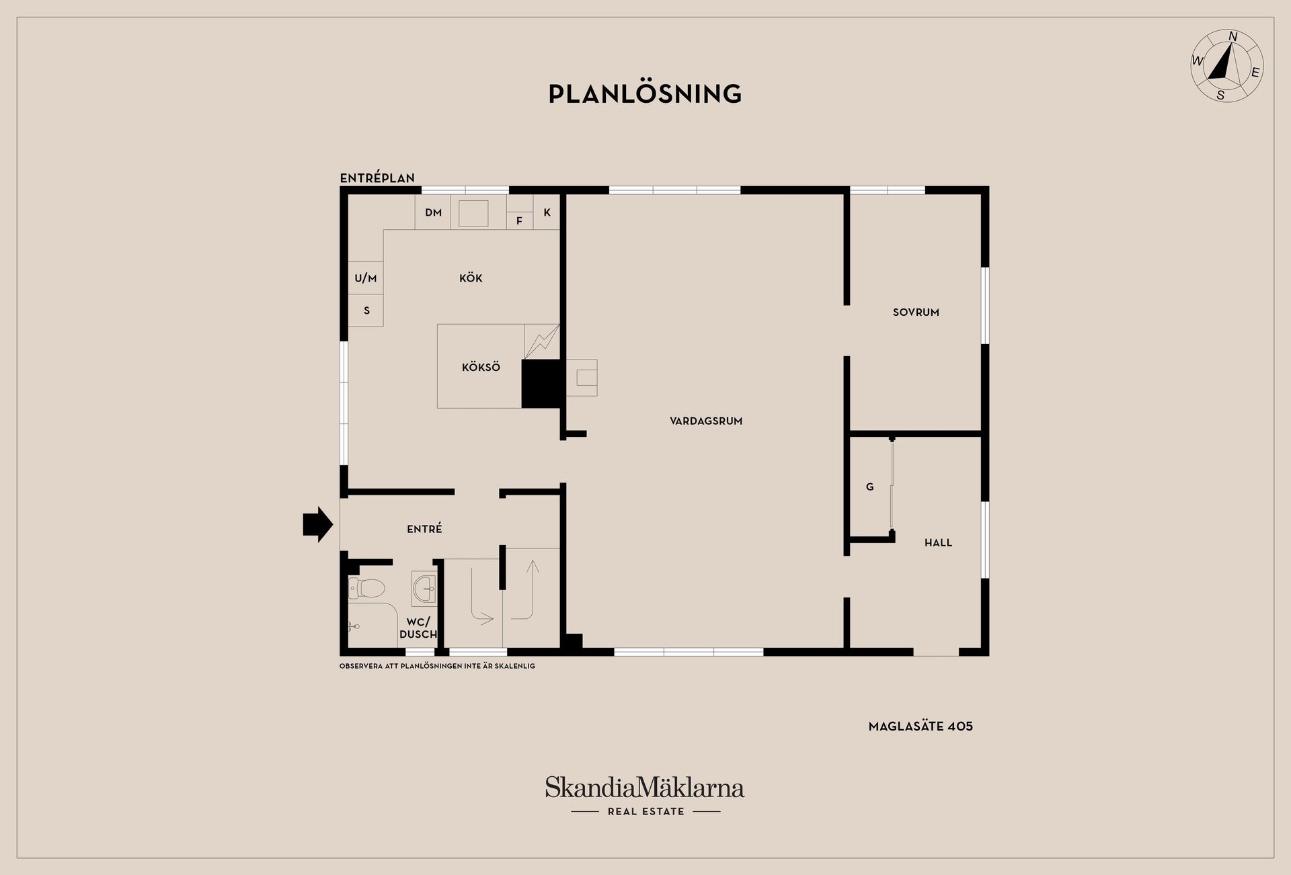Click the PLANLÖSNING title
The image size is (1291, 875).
645,93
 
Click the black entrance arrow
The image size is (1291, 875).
318,524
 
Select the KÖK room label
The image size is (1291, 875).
471,278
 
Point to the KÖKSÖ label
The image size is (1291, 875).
481,367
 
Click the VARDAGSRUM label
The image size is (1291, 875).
706,421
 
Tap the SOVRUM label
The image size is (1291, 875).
916,312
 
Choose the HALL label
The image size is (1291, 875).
938,542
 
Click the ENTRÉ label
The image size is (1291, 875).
424,529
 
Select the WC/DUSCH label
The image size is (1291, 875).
418,628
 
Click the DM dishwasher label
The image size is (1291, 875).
433,212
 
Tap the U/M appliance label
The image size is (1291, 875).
366,278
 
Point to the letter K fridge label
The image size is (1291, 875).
547,212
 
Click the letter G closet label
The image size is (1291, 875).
870,487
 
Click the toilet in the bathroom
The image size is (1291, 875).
366,589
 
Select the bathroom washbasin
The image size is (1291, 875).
424,589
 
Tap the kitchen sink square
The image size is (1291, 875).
473,213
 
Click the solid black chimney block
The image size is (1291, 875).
541,384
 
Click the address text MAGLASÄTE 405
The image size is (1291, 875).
921,726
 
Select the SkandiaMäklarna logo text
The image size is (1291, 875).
645,787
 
